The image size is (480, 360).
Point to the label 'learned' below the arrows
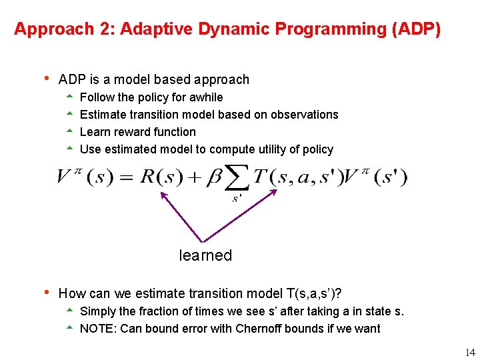coord(205,255)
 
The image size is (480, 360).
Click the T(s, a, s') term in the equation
coord(297,178)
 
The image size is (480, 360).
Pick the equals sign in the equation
coord(127,179)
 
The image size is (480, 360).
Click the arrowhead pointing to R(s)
coord(162,194)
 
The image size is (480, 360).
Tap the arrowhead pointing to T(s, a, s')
coord(275,192)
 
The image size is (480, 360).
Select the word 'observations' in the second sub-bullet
coord(305,115)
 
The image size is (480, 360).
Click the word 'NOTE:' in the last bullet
coord(98,328)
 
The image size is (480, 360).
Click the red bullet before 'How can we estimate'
coord(45,292)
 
